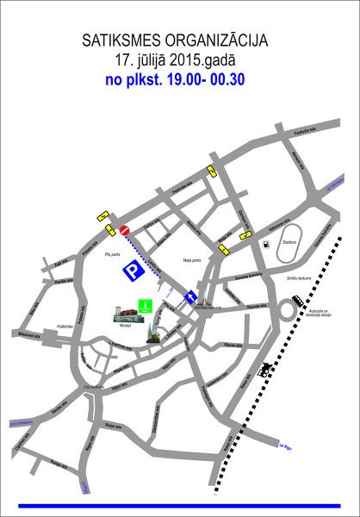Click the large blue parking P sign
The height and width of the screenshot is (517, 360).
131,271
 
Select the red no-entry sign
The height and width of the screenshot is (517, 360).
124,230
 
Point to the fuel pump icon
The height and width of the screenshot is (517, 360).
267,245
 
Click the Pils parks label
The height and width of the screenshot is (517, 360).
111,254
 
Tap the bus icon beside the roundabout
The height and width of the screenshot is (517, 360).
297,300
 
